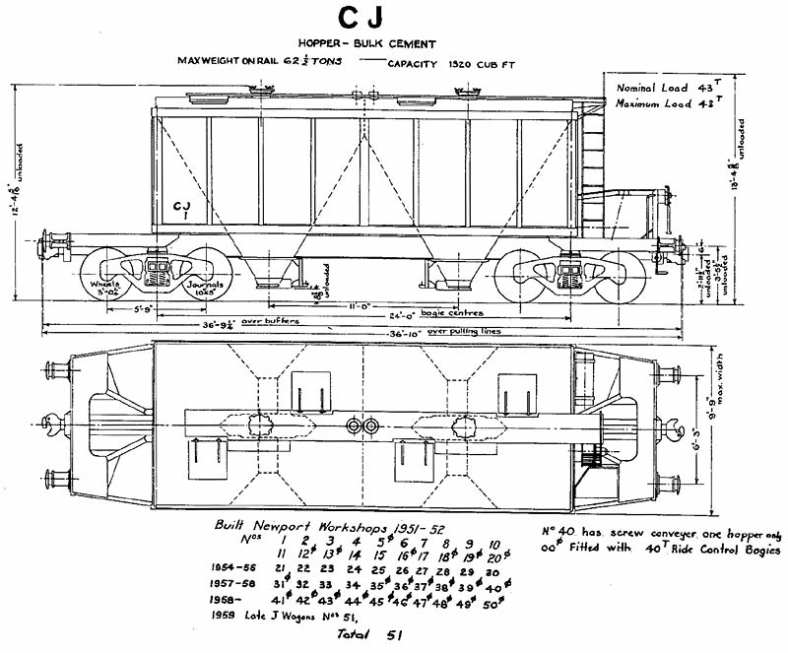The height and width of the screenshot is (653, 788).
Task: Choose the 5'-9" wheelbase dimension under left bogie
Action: coord(145,308)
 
